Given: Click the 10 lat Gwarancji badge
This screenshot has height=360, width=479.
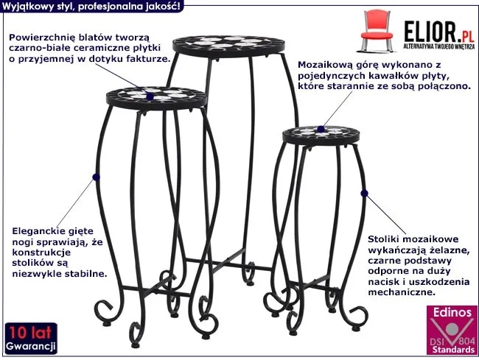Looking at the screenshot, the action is pos(31,339).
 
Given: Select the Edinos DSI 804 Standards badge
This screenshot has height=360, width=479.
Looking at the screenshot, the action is pos(452,330).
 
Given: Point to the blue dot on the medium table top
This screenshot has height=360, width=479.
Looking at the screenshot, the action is pos(150,96).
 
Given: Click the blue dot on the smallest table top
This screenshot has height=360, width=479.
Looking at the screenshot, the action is pos(321,129).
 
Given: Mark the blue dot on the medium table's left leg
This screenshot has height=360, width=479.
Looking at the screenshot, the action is pos(96,177).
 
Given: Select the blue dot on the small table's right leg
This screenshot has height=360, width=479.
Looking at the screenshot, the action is pos(364,193).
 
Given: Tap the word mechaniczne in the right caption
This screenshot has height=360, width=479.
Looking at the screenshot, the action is pos(401,292).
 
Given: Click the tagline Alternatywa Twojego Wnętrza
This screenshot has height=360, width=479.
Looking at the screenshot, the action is pos(439,46).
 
